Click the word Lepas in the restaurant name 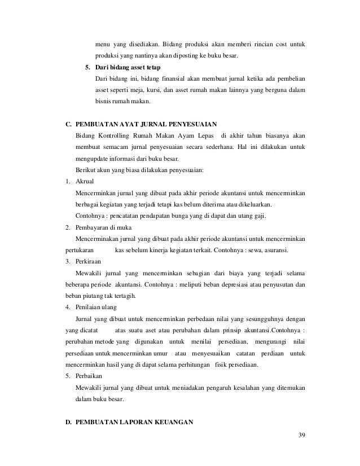[205, 135]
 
